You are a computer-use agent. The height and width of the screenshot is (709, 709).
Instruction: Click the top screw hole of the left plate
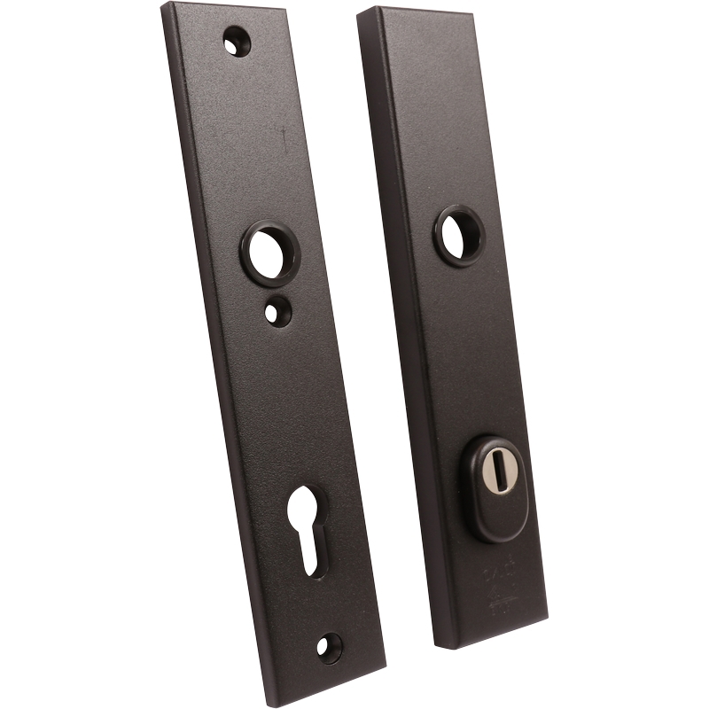236,40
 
